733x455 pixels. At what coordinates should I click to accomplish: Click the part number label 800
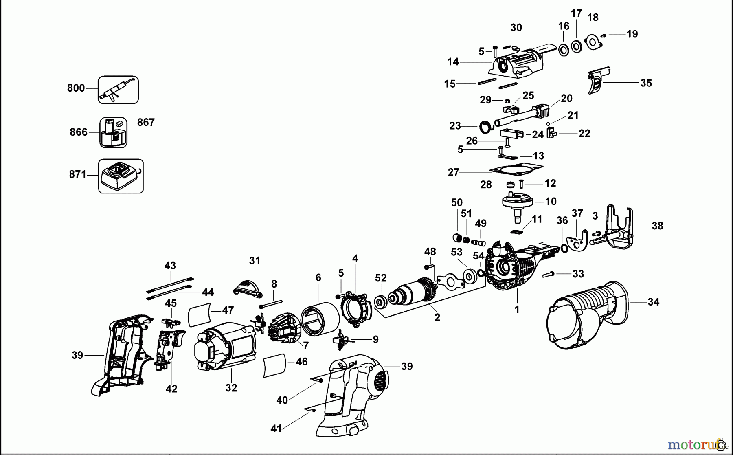(76, 88)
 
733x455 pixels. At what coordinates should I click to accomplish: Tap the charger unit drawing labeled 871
(121, 176)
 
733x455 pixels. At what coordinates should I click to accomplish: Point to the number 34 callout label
(653, 302)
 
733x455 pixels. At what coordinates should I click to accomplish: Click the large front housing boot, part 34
(586, 316)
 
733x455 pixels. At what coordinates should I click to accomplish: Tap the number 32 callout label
(231, 388)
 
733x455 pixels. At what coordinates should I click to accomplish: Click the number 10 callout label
(551, 201)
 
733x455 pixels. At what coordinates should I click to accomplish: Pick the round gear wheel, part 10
(518, 202)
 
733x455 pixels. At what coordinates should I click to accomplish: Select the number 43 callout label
(170, 266)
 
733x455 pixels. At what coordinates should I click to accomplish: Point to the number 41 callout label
(276, 429)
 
